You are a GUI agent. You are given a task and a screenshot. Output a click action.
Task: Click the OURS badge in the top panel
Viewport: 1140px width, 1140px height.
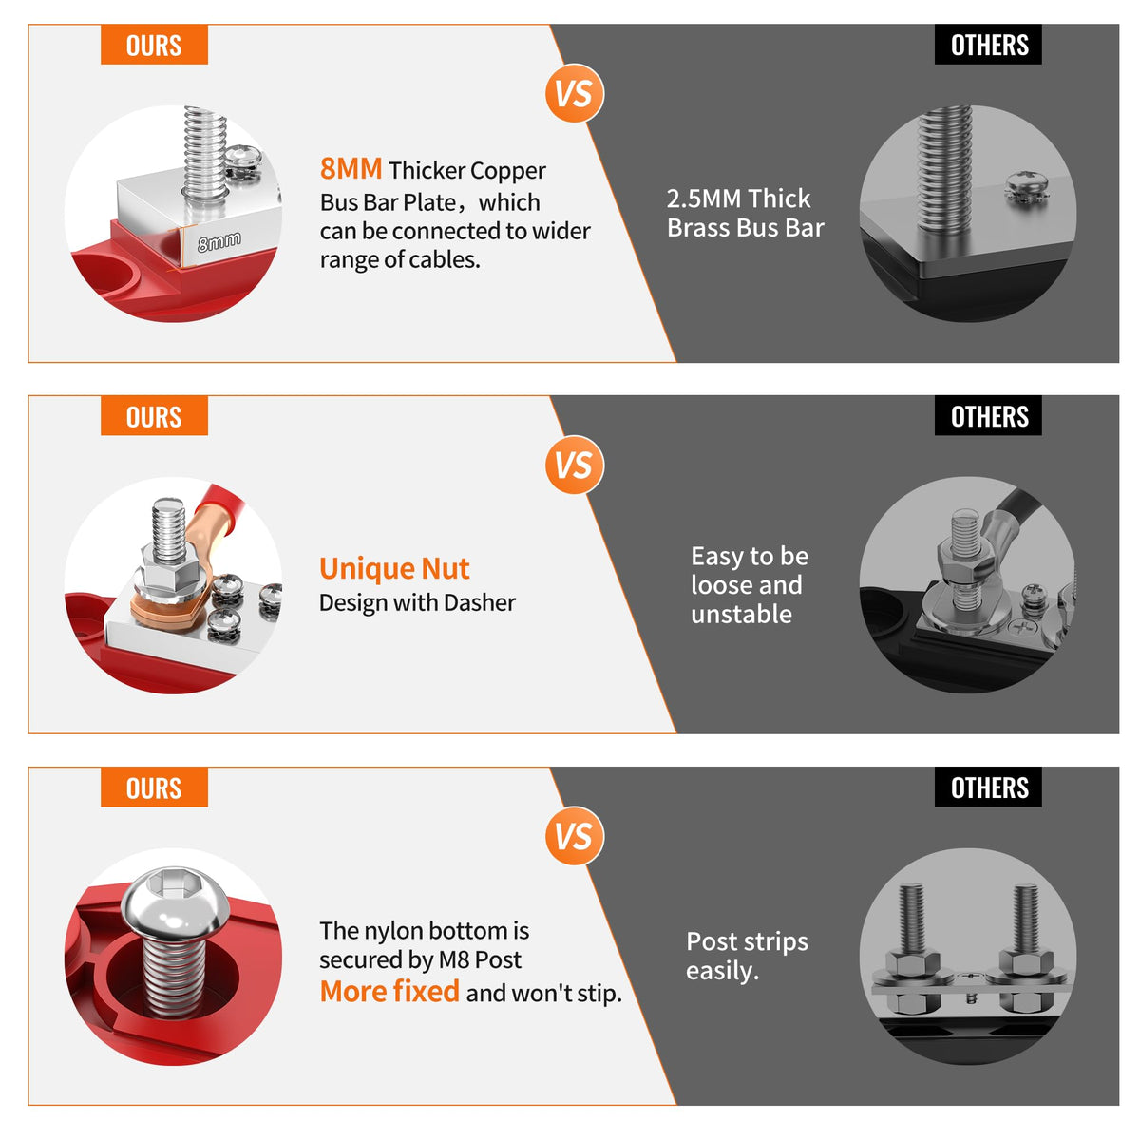pyautogui.click(x=154, y=45)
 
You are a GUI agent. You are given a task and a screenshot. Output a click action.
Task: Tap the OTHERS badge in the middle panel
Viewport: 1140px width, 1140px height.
pyautogui.click(x=987, y=415)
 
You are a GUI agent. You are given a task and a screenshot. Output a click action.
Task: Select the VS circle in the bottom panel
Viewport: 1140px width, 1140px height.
pyautogui.click(x=573, y=835)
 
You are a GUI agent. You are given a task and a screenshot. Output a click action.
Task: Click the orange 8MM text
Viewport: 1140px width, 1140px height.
pyautogui.click(x=351, y=168)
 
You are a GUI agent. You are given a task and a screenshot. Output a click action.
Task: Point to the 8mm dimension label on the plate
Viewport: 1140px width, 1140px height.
pyautogui.click(x=218, y=241)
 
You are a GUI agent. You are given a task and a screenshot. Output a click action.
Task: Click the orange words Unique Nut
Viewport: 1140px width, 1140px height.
pyautogui.click(x=394, y=568)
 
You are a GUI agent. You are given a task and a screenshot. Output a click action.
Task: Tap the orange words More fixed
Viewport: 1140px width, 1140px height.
pyautogui.click(x=389, y=991)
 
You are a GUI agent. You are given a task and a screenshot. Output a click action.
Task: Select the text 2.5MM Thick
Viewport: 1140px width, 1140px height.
pyautogui.click(x=738, y=199)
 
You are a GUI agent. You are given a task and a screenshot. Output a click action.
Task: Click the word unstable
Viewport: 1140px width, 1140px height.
pyautogui.click(x=741, y=614)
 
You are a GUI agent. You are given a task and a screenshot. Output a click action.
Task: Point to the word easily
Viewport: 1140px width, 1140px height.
pyautogui.click(x=722, y=972)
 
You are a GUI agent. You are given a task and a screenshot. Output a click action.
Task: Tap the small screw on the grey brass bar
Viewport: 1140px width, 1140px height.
pyautogui.click(x=1026, y=187)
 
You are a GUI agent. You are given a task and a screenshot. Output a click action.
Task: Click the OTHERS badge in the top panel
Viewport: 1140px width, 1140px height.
pyautogui.click(x=987, y=45)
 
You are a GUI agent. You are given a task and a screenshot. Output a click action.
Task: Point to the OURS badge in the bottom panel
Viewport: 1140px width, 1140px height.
pyautogui.click(x=154, y=787)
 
